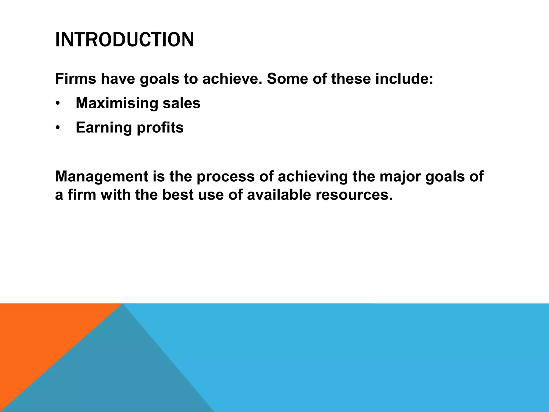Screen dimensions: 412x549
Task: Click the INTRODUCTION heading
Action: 124,40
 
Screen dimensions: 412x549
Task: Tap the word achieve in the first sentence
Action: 232,79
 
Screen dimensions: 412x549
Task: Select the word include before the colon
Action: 402,79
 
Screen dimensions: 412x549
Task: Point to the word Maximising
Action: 116,103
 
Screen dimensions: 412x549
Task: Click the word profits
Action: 160,128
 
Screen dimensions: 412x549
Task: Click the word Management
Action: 102,177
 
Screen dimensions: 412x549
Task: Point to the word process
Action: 225,177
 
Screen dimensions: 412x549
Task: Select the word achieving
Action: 313,177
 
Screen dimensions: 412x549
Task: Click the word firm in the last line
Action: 82,195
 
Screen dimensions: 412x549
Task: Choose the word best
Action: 177,195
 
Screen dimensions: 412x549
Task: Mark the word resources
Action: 354,195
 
